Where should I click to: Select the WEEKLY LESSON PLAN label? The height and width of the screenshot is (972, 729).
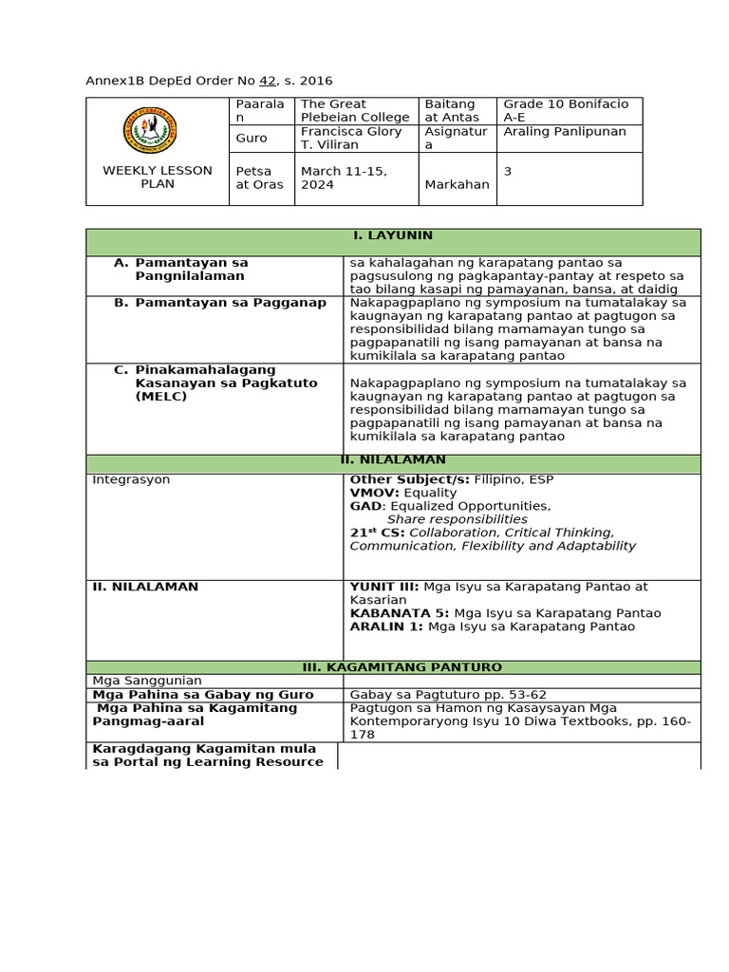click(x=158, y=177)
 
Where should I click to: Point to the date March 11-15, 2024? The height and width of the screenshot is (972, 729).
click(x=332, y=178)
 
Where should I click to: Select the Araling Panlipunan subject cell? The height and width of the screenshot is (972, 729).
click(x=564, y=132)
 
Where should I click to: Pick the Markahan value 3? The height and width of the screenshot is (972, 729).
click(x=508, y=171)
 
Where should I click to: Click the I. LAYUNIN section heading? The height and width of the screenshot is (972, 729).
click(x=393, y=235)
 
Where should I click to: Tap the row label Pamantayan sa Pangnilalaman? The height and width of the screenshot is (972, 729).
click(x=191, y=269)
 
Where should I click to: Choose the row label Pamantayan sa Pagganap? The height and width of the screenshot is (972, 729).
click(x=217, y=303)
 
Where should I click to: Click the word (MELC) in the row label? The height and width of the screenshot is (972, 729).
click(x=160, y=396)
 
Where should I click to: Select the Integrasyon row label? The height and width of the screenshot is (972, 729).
click(x=131, y=479)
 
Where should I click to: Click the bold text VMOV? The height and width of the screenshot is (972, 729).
click(x=376, y=493)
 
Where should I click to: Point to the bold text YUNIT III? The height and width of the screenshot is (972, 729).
click(x=384, y=587)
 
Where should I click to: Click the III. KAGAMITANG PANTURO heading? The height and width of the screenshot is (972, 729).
click(x=393, y=667)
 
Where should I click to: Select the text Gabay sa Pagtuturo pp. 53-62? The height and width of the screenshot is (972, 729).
click(x=448, y=695)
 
